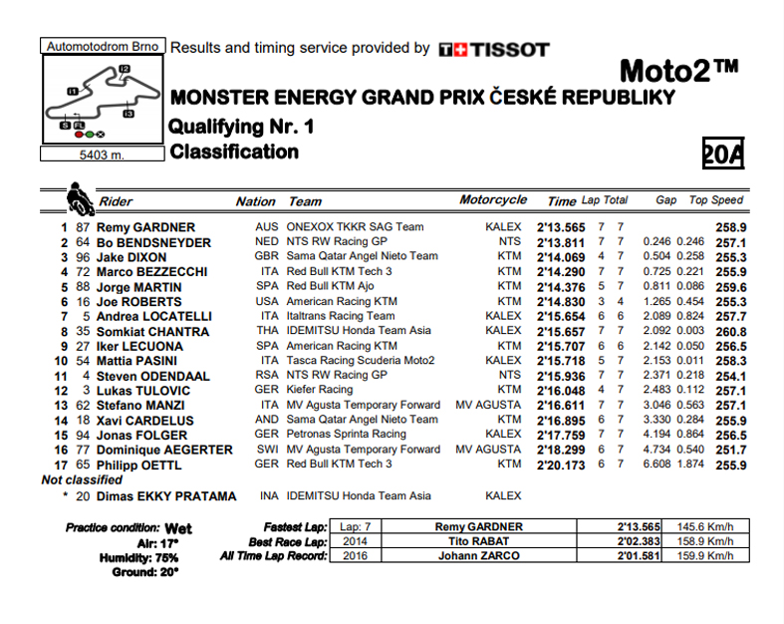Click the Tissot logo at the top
pos(493,48)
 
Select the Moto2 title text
pos(678,72)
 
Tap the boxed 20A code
pos(723,154)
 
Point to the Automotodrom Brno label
pos(102,46)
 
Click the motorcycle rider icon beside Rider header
pos(78,198)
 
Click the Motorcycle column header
pos(493,200)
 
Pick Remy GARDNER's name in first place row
pos(145,227)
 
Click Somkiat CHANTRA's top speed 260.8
pos(730,331)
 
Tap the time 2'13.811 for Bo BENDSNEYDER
pos(562,242)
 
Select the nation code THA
pos(266,331)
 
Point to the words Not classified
pos(82,479)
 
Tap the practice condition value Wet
pos(179,526)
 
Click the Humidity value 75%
pos(165,557)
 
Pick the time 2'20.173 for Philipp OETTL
pos(562,464)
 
